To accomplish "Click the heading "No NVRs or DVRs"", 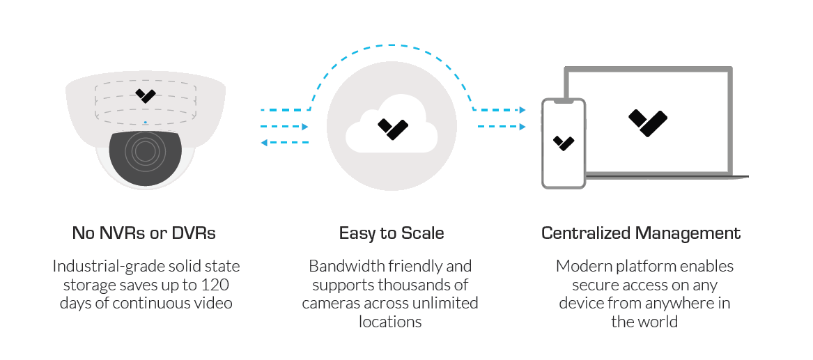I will [144, 233].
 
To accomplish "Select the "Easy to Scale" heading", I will [392, 233].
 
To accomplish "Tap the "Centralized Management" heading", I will [641, 233].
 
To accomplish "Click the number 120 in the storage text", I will [215, 285].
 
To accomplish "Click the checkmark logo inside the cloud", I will [392, 128].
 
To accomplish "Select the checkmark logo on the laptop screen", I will [647, 122].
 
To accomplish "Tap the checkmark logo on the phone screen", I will [564, 143].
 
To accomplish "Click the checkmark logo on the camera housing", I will [146, 95].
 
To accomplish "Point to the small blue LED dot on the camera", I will [145, 123].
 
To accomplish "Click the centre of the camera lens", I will [145, 151].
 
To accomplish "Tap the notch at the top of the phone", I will [564, 102].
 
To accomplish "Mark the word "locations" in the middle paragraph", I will [391, 322].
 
